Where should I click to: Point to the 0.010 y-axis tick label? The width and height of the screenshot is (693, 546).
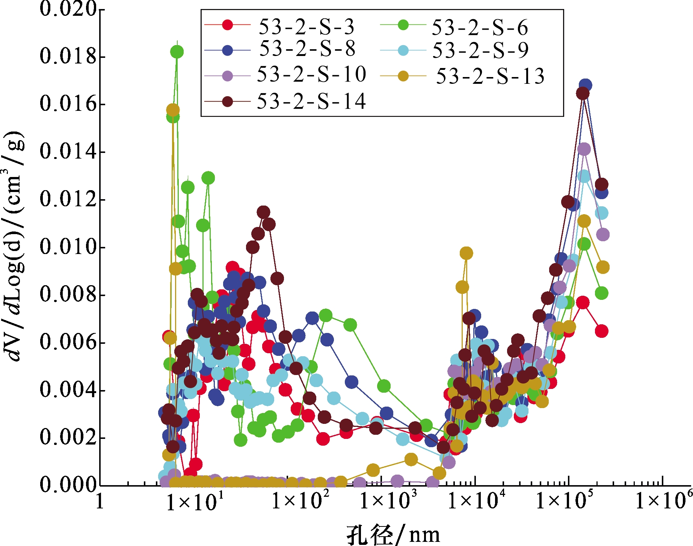pyautogui.click(x=68, y=247)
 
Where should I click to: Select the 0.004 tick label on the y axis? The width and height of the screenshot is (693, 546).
pyautogui.click(x=68, y=390)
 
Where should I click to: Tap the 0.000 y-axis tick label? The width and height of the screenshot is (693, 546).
pyautogui.click(x=68, y=485)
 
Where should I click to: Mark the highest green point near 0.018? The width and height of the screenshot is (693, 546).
pyautogui.click(x=177, y=52)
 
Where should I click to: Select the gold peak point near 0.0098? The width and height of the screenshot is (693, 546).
pyautogui.click(x=466, y=253)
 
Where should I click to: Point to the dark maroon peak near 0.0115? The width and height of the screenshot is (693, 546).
pyautogui.click(x=263, y=212)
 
